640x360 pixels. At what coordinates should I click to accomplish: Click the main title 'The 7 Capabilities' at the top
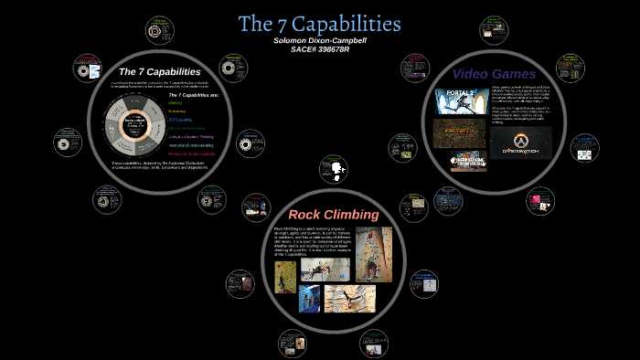point(319,23)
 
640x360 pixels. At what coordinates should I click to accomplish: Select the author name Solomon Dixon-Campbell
point(319,40)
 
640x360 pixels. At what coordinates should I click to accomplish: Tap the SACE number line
point(319,49)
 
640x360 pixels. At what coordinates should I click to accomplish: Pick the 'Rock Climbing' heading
point(326,215)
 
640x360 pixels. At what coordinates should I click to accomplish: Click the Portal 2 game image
point(454,101)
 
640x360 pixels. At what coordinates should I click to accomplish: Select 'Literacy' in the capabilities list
point(176,103)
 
